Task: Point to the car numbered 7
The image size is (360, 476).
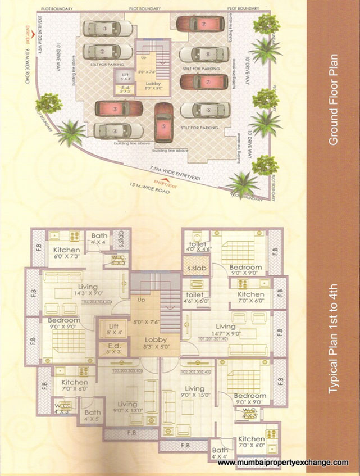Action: coord(204,81)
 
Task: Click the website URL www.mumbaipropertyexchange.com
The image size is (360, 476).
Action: coord(282,462)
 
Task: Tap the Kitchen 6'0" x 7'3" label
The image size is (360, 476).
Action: coord(67,253)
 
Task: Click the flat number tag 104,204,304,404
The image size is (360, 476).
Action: coord(97,302)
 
